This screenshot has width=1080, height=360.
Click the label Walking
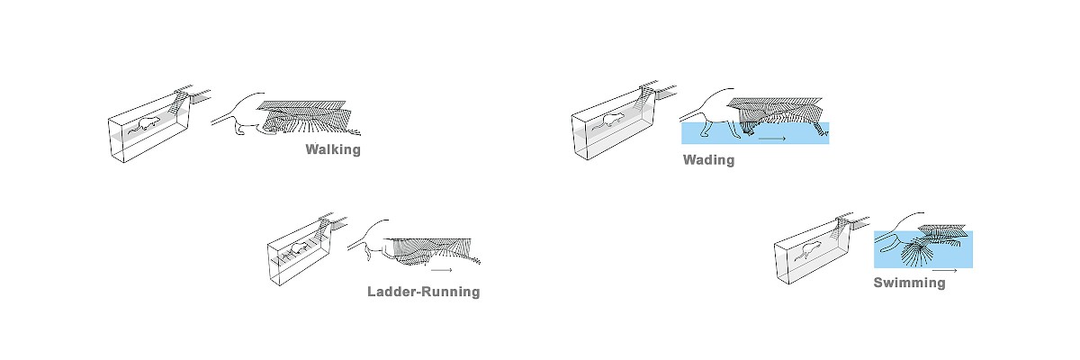click(x=333, y=149)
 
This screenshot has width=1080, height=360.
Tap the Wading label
click(x=708, y=160)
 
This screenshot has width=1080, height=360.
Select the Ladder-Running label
click(x=423, y=292)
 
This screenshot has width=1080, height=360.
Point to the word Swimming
click(x=909, y=283)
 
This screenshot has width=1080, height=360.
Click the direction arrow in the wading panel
click(x=772, y=139)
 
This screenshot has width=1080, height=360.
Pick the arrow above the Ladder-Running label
click(x=441, y=268)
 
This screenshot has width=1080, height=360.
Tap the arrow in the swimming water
click(x=944, y=268)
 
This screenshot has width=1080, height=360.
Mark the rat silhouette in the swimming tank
click(x=807, y=252)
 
